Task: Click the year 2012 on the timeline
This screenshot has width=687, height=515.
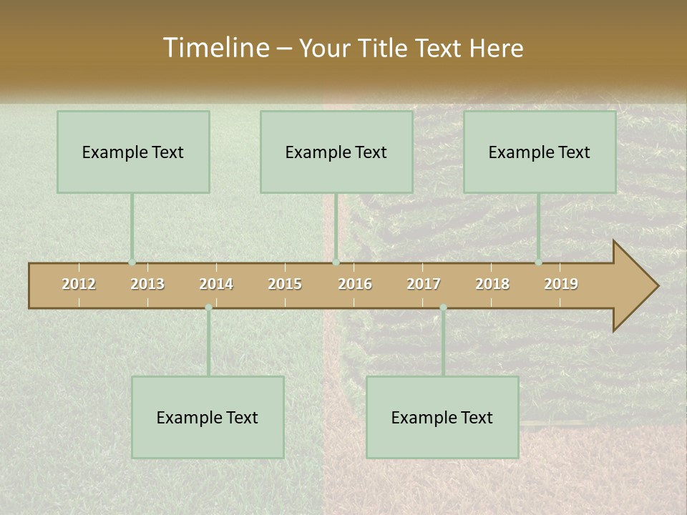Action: (x=79, y=284)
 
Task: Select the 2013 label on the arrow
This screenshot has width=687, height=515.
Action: (x=147, y=284)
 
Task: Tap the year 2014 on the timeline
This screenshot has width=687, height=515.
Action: (x=216, y=284)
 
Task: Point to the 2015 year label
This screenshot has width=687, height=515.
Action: (x=285, y=284)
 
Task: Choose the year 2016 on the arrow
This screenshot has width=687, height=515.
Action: (x=355, y=284)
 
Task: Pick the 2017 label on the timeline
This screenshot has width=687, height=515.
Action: (x=424, y=284)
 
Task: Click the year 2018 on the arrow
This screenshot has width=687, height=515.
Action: (x=492, y=284)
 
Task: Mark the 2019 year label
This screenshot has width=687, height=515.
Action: (x=561, y=284)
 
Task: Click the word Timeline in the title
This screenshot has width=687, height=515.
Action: (x=214, y=48)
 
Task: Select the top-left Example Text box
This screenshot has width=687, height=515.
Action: (x=133, y=152)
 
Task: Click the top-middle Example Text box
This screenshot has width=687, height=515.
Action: (x=336, y=152)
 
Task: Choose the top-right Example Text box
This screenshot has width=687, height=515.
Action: (x=540, y=152)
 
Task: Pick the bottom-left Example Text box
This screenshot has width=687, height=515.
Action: (x=208, y=417)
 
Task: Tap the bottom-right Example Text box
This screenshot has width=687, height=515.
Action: (x=442, y=417)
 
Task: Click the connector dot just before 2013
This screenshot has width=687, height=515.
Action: (x=132, y=263)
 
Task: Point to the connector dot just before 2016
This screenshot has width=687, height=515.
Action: (x=336, y=263)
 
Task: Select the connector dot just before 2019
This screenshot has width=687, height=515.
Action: (x=538, y=263)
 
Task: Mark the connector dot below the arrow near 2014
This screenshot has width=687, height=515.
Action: (x=208, y=308)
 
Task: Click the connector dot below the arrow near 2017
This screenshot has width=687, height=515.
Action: (x=443, y=308)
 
